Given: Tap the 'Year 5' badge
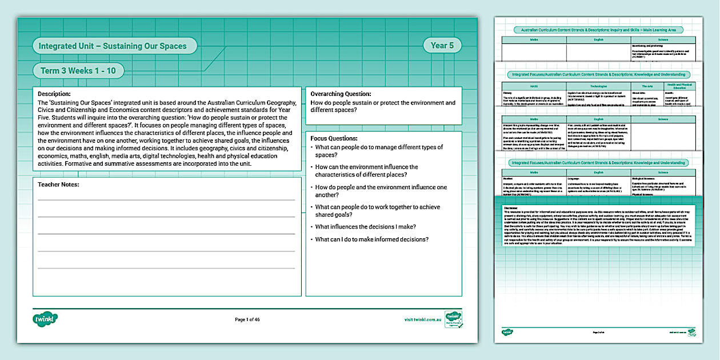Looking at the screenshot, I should (x=442, y=46).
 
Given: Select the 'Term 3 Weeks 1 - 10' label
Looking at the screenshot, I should (x=78, y=71).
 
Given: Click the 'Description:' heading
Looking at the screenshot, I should (x=54, y=94).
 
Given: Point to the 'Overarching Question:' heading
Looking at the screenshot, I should (x=341, y=94).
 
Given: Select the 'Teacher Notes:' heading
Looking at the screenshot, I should (x=58, y=185).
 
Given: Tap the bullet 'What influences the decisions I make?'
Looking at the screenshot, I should (x=365, y=227).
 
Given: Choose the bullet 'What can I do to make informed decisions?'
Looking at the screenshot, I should (x=371, y=239).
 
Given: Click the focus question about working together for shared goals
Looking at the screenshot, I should (x=377, y=211).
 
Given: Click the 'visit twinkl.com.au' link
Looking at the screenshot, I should (x=423, y=319).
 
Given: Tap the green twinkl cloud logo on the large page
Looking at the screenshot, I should (x=46, y=319).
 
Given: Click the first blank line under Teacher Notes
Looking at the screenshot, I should (x=166, y=199).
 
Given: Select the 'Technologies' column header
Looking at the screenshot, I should (x=598, y=86).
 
